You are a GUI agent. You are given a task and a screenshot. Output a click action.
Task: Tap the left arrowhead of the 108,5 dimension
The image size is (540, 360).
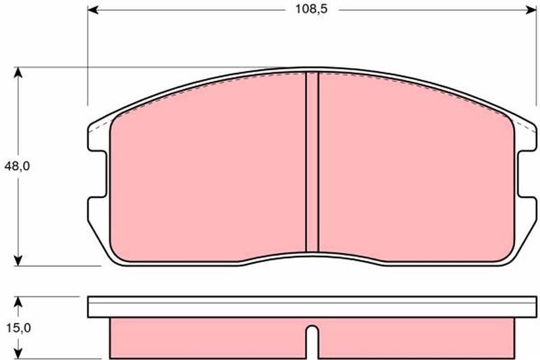point(92,10)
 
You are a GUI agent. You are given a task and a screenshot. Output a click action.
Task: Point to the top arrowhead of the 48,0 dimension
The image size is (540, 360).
point(20,72)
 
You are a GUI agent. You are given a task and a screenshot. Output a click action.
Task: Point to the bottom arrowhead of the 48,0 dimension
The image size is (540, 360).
point(20,259)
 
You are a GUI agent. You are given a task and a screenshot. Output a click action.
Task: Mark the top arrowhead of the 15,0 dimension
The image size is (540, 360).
point(20,301)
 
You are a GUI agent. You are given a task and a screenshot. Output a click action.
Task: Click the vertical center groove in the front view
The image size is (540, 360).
point(311,162)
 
